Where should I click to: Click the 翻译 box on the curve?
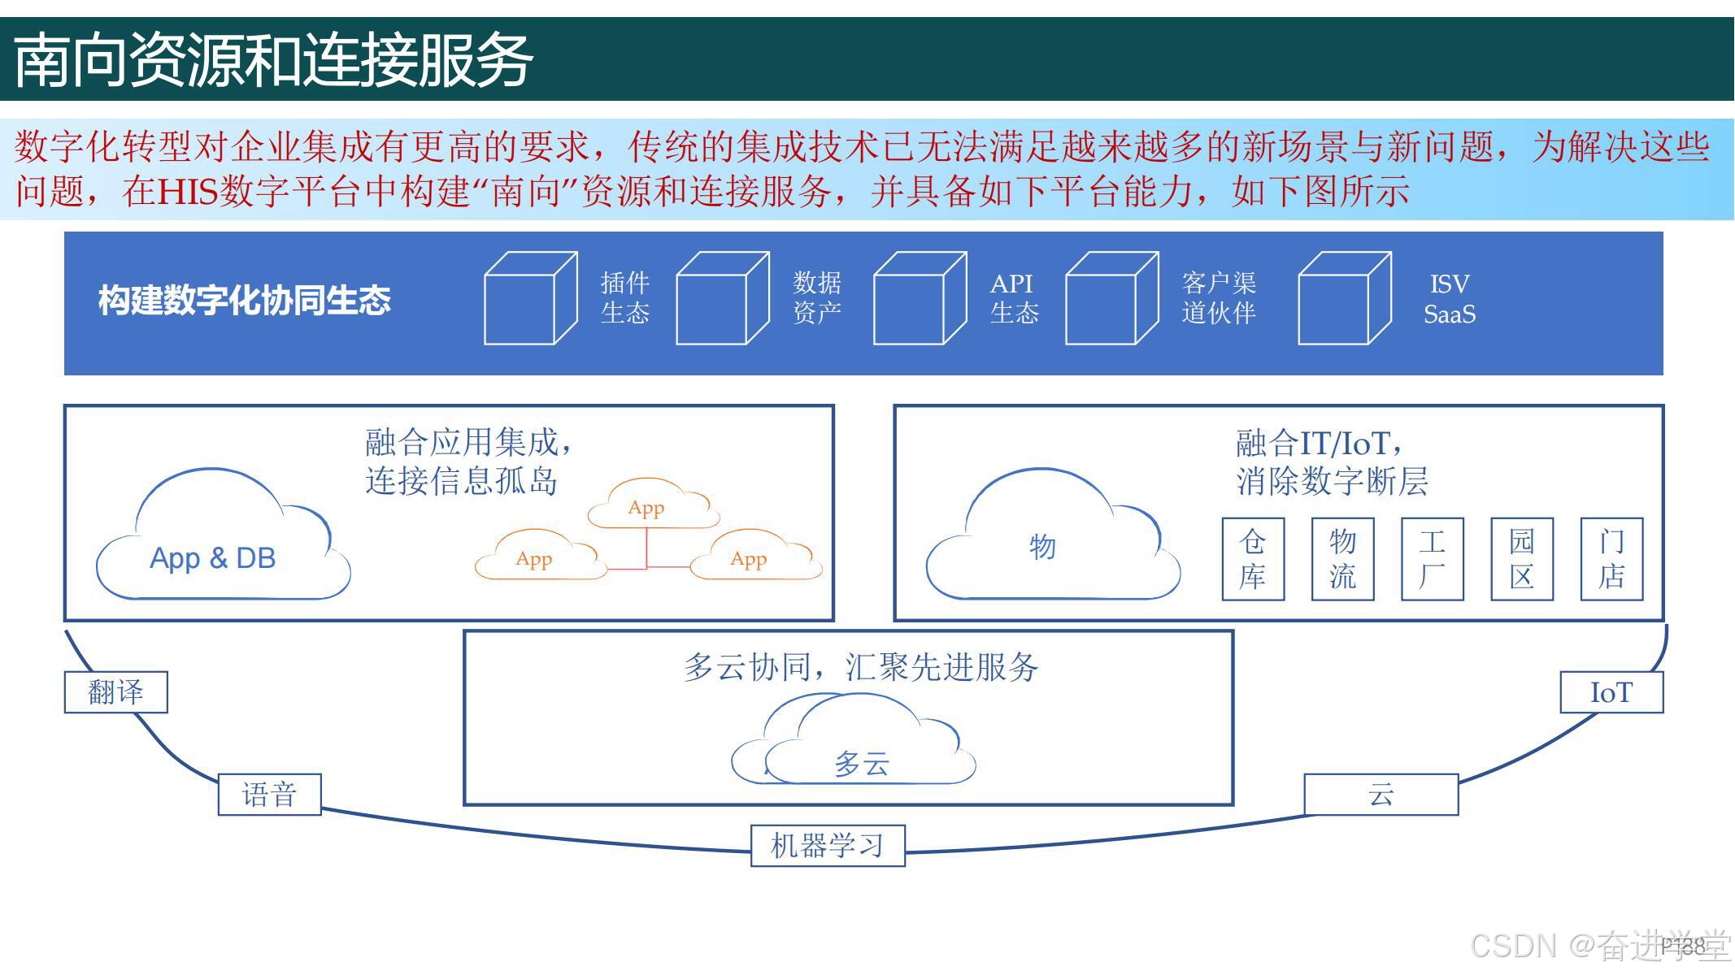pyautogui.click(x=115, y=692)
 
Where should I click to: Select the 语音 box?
pyautogui.click(x=269, y=795)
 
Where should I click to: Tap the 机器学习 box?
pyautogui.click(x=828, y=846)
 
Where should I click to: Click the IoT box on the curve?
pyautogui.click(x=1611, y=692)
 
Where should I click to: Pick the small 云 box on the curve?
pyautogui.click(x=1381, y=795)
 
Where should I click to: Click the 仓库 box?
pyautogui.click(x=1253, y=559)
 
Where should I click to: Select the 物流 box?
pyautogui.click(x=1342, y=559)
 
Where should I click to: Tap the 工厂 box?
pyautogui.click(x=1432, y=559)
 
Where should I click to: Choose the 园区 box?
pyautogui.click(x=1522, y=559)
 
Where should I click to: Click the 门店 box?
pyautogui.click(x=1611, y=559)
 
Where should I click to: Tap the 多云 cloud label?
pyautogui.click(x=862, y=764)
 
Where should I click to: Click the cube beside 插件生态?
pyautogui.click(x=529, y=298)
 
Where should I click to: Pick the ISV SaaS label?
pyautogui.click(x=1450, y=299)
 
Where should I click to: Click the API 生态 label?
pyautogui.click(x=1013, y=298)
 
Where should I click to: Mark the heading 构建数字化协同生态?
pyautogui.click(x=244, y=301)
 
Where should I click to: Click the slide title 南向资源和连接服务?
pyautogui.click(x=273, y=60)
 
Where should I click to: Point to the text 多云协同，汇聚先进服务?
pyautogui.click(x=860, y=667)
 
